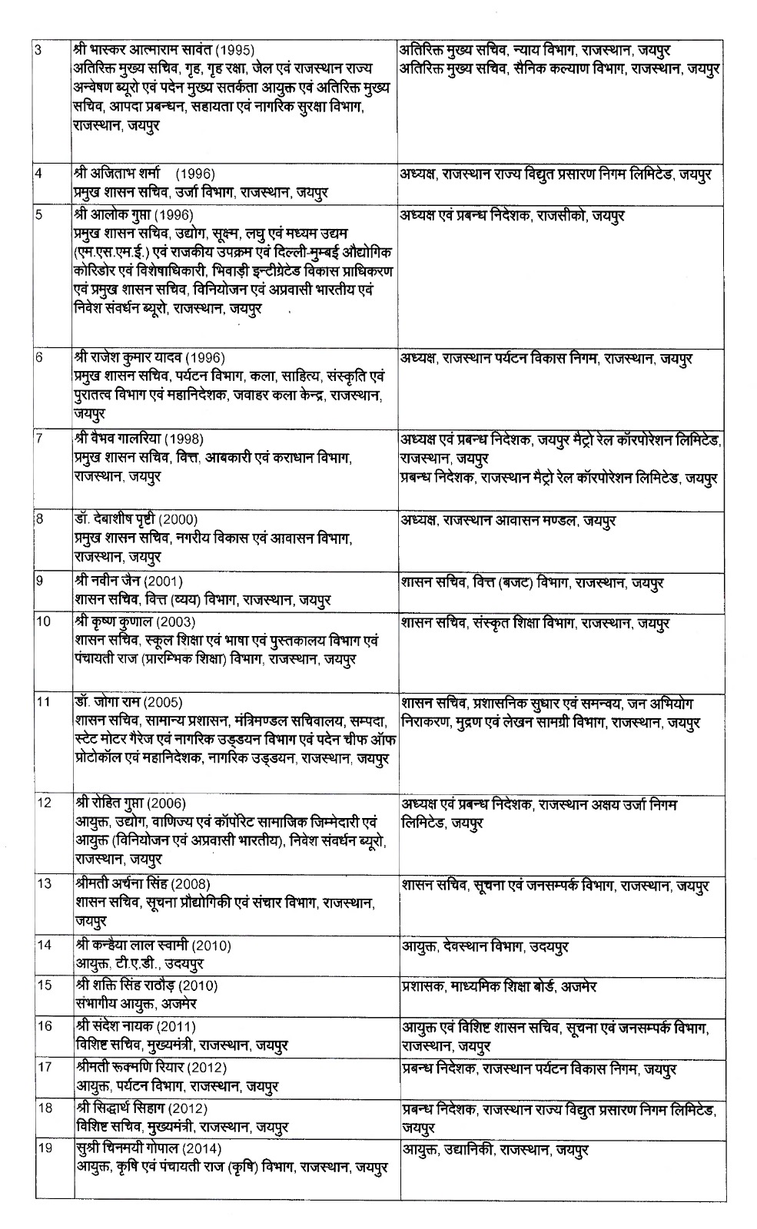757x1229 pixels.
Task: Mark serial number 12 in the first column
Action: click(x=44, y=803)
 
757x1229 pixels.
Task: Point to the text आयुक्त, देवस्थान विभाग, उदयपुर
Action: click(x=485, y=947)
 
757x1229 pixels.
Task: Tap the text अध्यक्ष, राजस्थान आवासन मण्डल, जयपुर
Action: click(x=507, y=521)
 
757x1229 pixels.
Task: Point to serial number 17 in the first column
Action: click(x=44, y=1067)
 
